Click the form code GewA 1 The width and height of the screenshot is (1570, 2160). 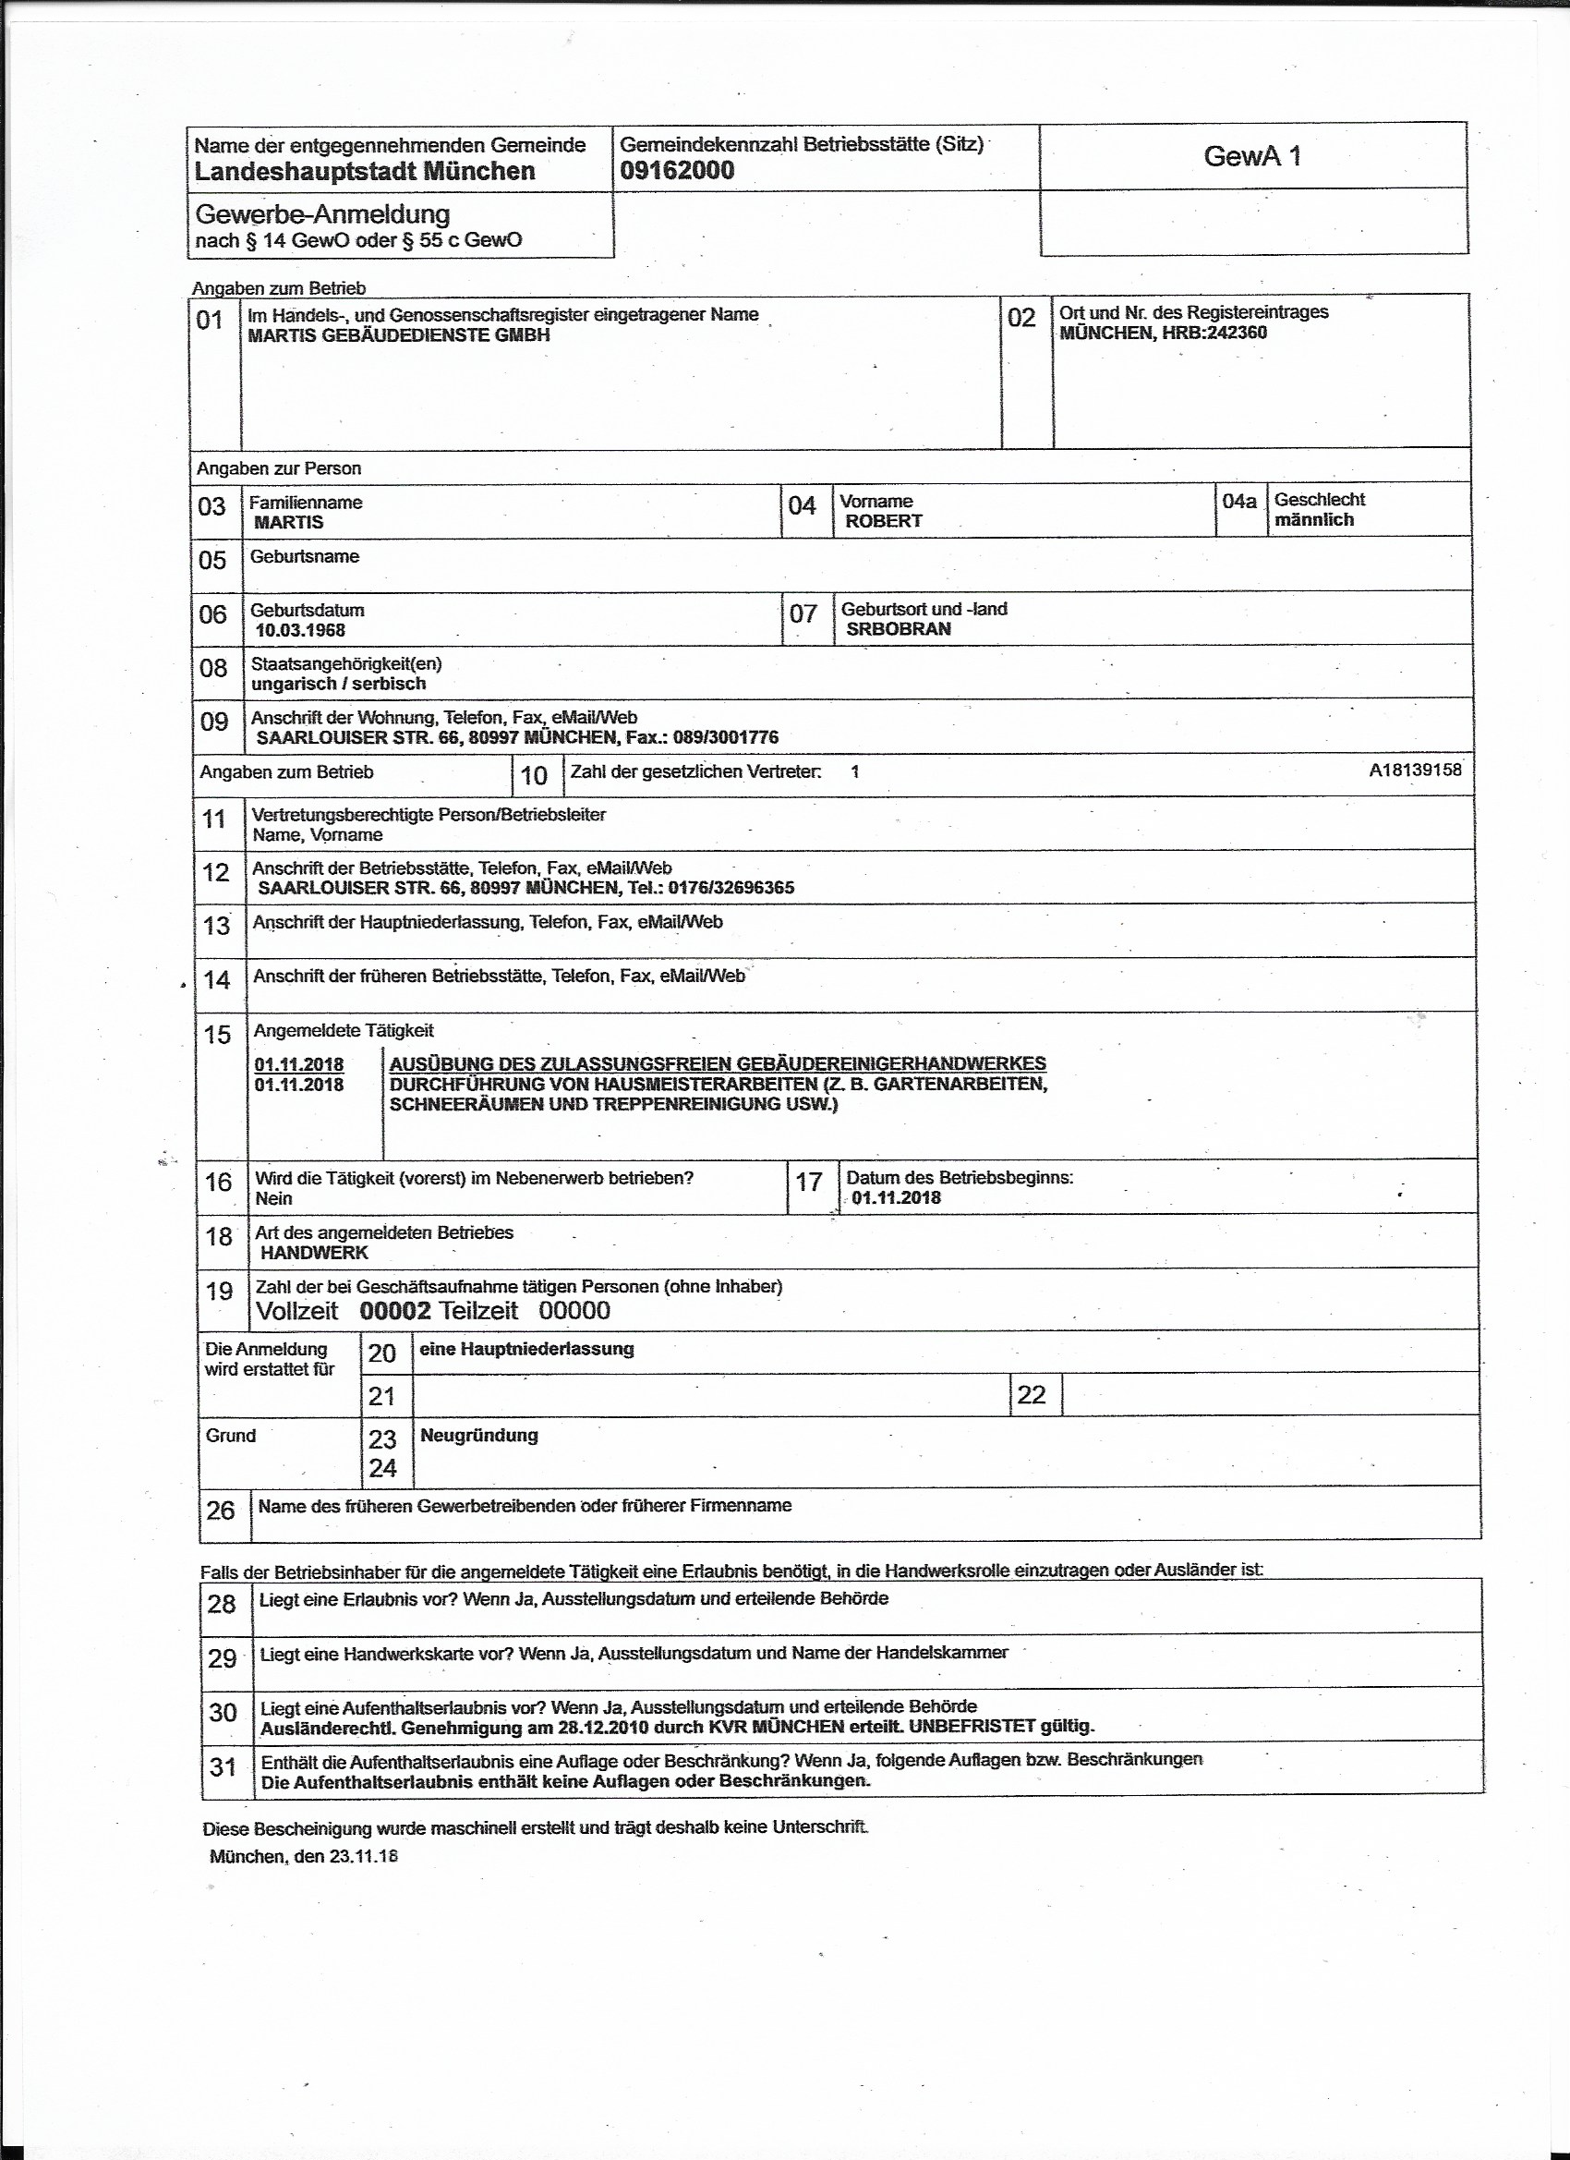point(1251,156)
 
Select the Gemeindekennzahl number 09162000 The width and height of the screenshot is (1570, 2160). point(677,171)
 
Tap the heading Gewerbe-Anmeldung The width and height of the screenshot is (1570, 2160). point(321,214)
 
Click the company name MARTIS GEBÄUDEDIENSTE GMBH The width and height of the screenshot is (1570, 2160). point(398,335)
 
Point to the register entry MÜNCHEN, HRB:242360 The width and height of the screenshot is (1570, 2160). point(1163,333)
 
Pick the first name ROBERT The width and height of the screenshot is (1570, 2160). point(884,521)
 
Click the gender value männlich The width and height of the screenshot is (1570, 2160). point(1314,520)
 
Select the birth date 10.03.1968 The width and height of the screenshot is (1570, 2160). point(300,630)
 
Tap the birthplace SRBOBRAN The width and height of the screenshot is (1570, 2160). point(898,628)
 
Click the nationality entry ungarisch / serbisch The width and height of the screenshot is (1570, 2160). point(338,684)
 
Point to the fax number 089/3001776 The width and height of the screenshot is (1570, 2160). point(726,737)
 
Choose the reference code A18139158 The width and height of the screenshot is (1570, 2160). point(1415,770)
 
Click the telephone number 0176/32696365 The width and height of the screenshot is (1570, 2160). point(731,888)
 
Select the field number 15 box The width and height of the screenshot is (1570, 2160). point(218,1035)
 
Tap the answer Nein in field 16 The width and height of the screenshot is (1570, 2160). point(273,1198)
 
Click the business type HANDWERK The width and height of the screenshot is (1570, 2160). point(314,1253)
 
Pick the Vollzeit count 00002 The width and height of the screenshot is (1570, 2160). point(395,1310)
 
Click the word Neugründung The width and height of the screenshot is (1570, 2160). point(479,1436)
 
